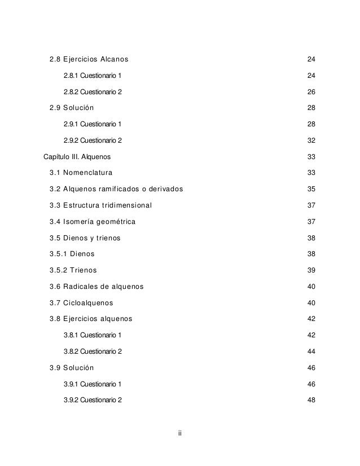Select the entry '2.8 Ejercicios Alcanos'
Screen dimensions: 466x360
point(89,59)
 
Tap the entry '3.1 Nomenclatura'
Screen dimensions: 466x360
point(81,172)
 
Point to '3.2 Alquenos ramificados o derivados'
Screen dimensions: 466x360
point(116,188)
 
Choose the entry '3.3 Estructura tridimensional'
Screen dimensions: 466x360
point(100,205)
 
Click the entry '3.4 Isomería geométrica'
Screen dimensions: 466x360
point(93,221)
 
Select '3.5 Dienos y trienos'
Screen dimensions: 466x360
point(85,238)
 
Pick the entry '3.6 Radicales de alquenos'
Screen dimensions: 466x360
point(96,287)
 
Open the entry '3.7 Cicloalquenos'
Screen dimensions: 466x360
point(81,303)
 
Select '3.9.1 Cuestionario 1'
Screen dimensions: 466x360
point(92,384)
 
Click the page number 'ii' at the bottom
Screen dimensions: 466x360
point(179,433)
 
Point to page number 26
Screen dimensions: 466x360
point(310,91)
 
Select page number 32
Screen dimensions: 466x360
point(310,140)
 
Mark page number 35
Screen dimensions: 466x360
point(310,188)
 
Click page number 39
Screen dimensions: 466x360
point(310,270)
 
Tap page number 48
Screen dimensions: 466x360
point(310,401)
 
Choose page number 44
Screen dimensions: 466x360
point(310,351)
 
